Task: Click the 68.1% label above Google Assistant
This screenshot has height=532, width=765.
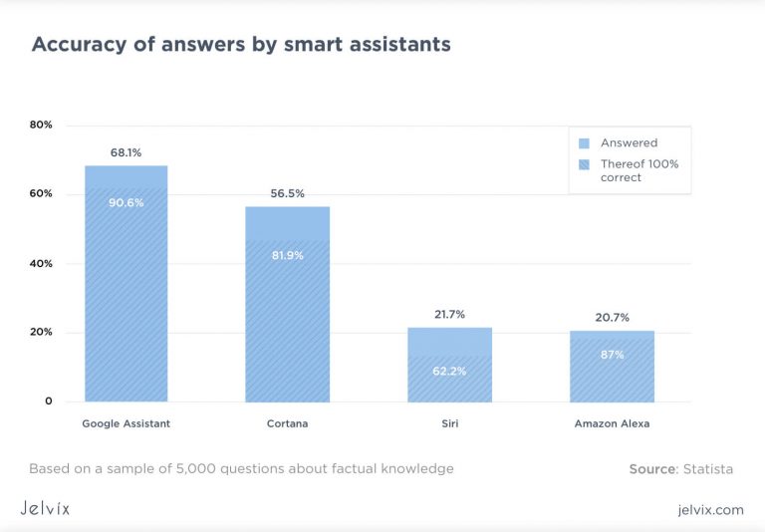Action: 126,152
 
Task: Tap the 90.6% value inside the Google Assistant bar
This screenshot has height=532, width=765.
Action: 126,202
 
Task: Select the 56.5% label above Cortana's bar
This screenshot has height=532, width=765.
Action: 287,193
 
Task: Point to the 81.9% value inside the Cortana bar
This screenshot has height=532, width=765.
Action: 287,255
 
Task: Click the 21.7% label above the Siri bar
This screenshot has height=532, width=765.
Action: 449,314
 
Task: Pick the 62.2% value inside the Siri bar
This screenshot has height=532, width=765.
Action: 449,371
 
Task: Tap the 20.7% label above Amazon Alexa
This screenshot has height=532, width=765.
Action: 612,317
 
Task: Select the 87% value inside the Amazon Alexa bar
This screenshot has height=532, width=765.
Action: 612,355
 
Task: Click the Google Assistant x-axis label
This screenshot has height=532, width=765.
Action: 126,423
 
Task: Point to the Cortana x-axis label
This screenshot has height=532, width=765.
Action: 287,423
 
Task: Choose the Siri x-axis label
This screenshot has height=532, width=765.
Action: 449,423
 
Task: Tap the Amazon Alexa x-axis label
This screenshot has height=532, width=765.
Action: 612,423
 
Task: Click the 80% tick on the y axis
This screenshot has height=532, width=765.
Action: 41,126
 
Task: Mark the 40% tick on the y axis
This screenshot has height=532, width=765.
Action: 41,264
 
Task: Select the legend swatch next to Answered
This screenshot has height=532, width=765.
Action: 585,142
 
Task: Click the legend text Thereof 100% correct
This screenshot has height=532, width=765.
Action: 638,170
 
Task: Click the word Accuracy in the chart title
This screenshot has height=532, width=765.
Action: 76,45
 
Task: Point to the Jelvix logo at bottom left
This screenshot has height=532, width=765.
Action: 45,508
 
